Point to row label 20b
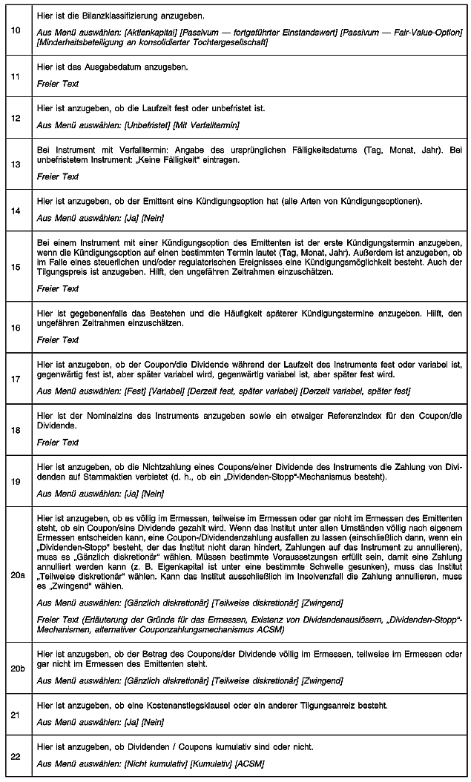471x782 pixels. [x=16, y=668]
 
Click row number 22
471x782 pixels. [x=16, y=755]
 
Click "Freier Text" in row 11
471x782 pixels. [x=58, y=84]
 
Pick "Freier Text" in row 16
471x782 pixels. [x=58, y=339]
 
